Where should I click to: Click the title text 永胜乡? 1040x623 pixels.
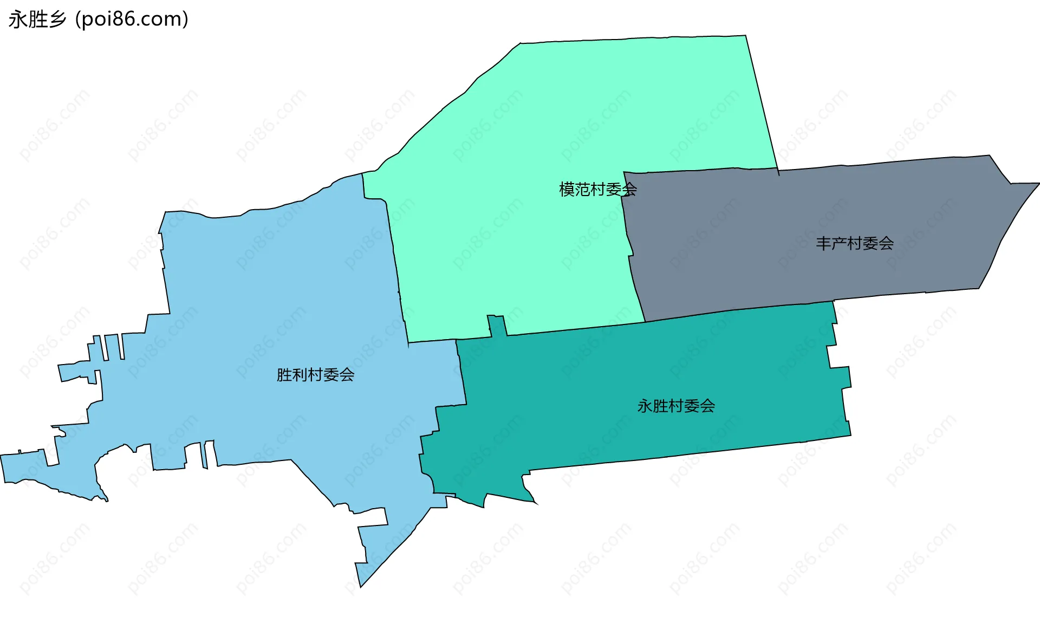point(37,20)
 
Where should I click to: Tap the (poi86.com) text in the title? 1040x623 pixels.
point(132,20)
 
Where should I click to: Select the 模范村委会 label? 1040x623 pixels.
point(597,190)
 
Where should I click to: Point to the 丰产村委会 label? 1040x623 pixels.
point(854,244)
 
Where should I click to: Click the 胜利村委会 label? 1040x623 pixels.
point(315,375)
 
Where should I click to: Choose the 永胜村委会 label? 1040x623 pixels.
point(675,406)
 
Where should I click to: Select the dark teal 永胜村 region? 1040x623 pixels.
point(650,368)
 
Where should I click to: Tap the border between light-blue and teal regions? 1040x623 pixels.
point(462,374)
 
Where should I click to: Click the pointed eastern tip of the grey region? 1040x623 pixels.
point(1038,184)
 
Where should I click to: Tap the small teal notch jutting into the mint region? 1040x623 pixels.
point(497,325)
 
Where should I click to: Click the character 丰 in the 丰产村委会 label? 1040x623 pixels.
point(823,244)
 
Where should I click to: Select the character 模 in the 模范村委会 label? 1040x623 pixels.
point(567,190)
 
